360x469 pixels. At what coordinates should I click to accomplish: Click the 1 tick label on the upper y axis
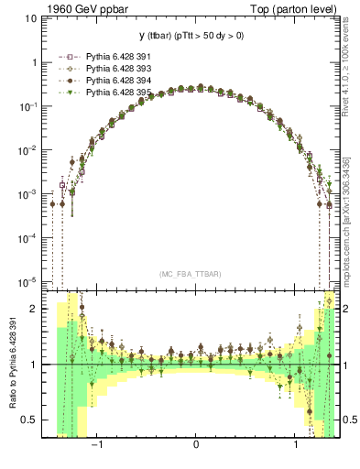34,63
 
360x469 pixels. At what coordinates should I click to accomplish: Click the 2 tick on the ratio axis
34,310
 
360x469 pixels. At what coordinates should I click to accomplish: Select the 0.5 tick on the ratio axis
30,420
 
